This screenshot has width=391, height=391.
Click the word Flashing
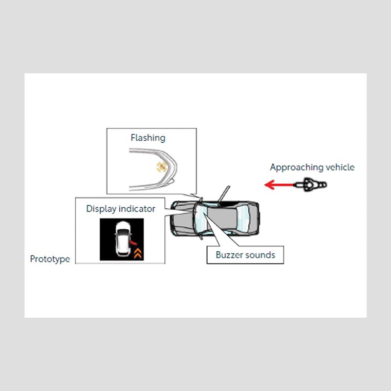coord(148,138)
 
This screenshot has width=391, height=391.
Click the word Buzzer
coord(229,255)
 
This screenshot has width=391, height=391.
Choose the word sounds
coord(260,255)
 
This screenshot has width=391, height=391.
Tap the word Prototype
coord(50,259)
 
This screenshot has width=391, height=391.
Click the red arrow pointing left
coord(279,185)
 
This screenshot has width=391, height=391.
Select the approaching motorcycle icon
coord(310,185)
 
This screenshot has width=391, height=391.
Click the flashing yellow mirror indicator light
coord(162,167)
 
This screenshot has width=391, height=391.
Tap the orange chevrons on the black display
coord(138,253)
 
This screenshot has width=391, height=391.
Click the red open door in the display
coord(133,242)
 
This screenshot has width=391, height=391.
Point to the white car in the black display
coord(123,239)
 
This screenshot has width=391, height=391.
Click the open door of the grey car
coord(223,194)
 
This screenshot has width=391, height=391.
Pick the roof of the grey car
coord(222,218)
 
